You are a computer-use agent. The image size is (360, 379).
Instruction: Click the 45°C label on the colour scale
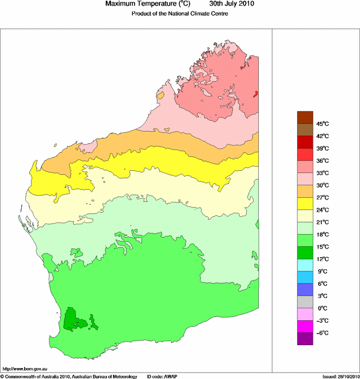coord(321,124)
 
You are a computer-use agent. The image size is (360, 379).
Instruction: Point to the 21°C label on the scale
coord(321,222)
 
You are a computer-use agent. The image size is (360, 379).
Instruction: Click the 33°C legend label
coord(321,173)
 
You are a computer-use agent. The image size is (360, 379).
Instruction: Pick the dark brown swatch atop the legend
coord(305,117)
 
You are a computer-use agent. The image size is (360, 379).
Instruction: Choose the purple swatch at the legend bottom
coord(305,339)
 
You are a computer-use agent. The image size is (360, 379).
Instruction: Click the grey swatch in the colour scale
coord(305,302)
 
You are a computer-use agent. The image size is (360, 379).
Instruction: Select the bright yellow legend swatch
coord(305,204)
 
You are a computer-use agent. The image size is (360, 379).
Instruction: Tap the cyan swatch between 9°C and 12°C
coord(305,265)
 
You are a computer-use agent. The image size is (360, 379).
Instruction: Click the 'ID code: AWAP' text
coord(163,376)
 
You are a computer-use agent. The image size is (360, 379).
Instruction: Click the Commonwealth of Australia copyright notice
coord(69,376)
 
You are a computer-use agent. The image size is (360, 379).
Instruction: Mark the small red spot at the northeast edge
coord(255,94)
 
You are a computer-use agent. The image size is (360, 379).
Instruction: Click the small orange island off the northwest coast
coord(160,94)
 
